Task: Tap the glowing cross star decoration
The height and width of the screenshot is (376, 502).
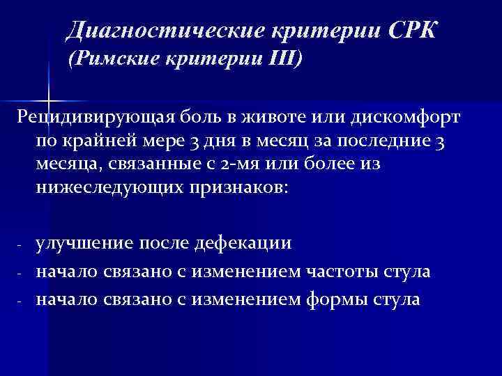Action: click(47, 92)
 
